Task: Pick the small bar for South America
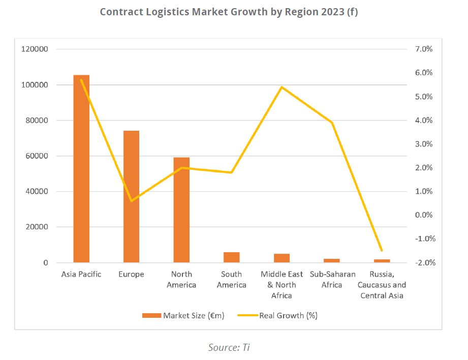(231, 257)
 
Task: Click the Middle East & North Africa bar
(282, 258)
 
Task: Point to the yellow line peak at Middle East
(282, 87)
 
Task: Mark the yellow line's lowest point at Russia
(382, 251)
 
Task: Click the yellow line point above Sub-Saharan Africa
(331, 123)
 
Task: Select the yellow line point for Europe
(131, 201)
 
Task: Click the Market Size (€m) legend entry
(183, 315)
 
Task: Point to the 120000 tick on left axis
(34, 49)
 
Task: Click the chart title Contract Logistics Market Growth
(229, 12)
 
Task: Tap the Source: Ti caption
(229, 347)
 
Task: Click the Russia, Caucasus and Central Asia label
(382, 285)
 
